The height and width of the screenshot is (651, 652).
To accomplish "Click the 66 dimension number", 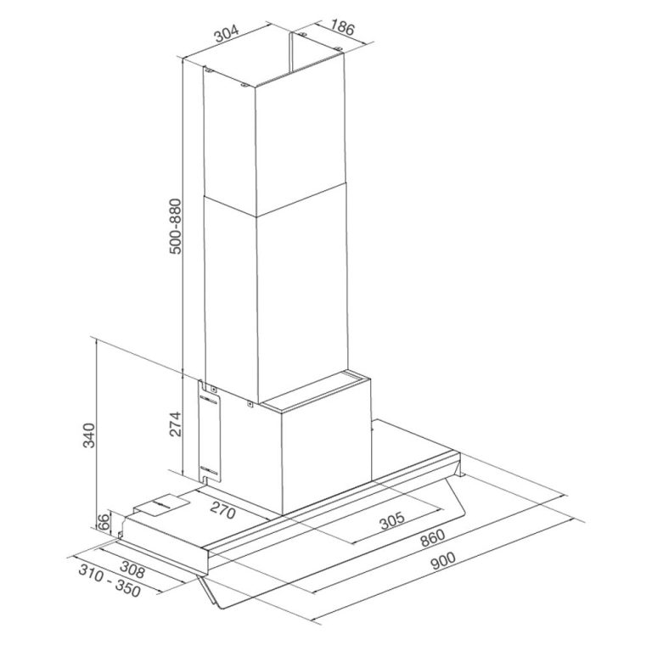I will coord(103,522).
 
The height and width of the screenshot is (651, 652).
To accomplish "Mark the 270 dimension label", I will coord(222,512).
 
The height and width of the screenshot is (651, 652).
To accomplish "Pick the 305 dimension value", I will coord(393,519).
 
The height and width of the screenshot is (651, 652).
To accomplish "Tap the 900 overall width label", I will coord(442,561).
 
